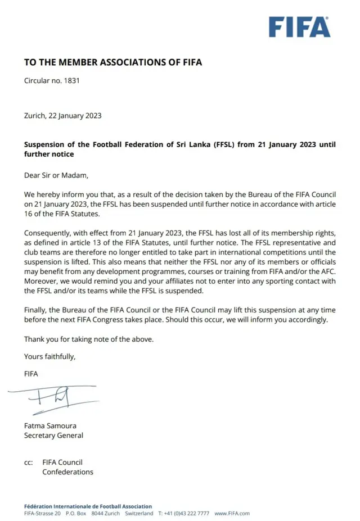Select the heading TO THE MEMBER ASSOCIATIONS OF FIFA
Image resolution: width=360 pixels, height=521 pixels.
point(112,62)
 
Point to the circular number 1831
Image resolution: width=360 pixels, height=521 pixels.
point(71,80)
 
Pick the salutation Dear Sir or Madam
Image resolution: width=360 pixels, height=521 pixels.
point(56,175)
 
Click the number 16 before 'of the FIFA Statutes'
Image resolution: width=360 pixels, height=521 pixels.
point(29,214)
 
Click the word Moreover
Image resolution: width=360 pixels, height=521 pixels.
point(42,281)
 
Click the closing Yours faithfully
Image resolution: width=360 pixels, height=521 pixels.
point(49,356)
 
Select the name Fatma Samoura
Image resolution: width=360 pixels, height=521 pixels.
point(51,425)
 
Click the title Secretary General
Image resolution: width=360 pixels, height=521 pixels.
point(53,435)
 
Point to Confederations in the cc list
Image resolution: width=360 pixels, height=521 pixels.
point(67,472)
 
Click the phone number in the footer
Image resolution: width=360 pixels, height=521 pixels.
point(187,513)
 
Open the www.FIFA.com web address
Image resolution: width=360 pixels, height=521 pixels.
point(232,513)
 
